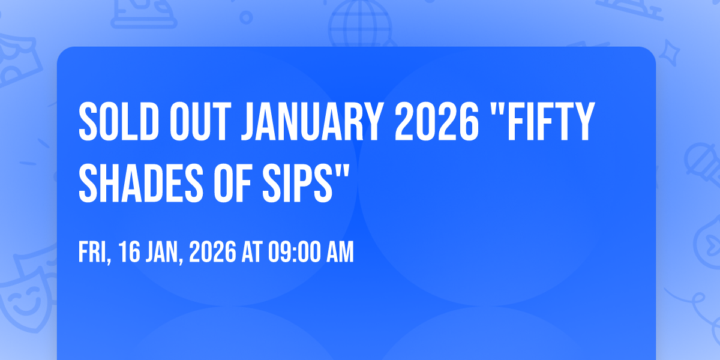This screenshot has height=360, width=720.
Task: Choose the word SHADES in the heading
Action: (x=141, y=183)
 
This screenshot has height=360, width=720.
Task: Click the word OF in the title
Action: (x=232, y=183)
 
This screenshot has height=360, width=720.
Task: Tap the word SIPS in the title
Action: (x=297, y=183)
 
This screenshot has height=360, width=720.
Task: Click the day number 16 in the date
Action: (x=129, y=252)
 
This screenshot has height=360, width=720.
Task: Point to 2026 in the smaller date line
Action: (x=212, y=252)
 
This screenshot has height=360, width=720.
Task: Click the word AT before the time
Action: (x=253, y=252)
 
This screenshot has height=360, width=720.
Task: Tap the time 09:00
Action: (x=295, y=252)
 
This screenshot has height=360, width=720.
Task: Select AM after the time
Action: (x=340, y=252)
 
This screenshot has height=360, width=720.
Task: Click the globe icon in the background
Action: (x=360, y=23)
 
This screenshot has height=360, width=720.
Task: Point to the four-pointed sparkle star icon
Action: (x=669, y=53)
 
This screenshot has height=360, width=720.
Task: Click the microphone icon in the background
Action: (x=703, y=164)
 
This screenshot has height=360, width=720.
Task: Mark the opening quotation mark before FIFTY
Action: (x=496, y=110)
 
